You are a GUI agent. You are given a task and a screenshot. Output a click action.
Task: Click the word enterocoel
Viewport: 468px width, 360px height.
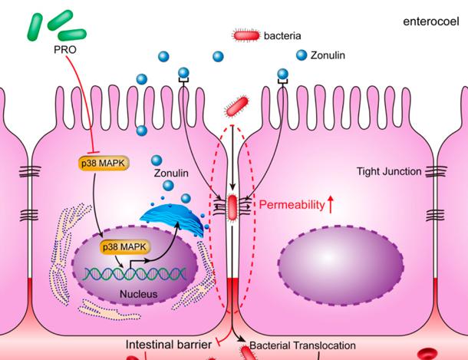(x=430, y=20)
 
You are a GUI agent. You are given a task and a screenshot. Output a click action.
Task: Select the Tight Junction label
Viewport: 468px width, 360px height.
(x=389, y=171)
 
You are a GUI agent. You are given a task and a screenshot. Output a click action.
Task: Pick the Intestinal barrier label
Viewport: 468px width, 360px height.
(x=170, y=345)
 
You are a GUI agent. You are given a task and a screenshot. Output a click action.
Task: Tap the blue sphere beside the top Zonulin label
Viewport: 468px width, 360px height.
(x=302, y=55)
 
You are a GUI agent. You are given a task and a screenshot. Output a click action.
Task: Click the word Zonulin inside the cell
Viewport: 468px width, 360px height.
(x=172, y=173)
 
